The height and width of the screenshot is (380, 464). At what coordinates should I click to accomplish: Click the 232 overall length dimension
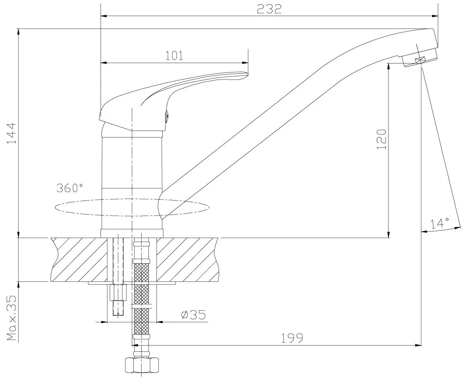(269, 9)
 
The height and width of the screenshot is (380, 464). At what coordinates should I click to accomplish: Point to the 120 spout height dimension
(381, 139)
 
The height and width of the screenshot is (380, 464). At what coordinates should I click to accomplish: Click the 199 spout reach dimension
(292, 338)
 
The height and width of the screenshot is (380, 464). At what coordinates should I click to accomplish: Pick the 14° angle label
(440, 223)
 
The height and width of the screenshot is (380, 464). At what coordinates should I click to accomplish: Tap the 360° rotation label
(70, 188)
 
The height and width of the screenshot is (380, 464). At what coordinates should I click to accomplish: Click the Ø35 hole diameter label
(193, 315)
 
